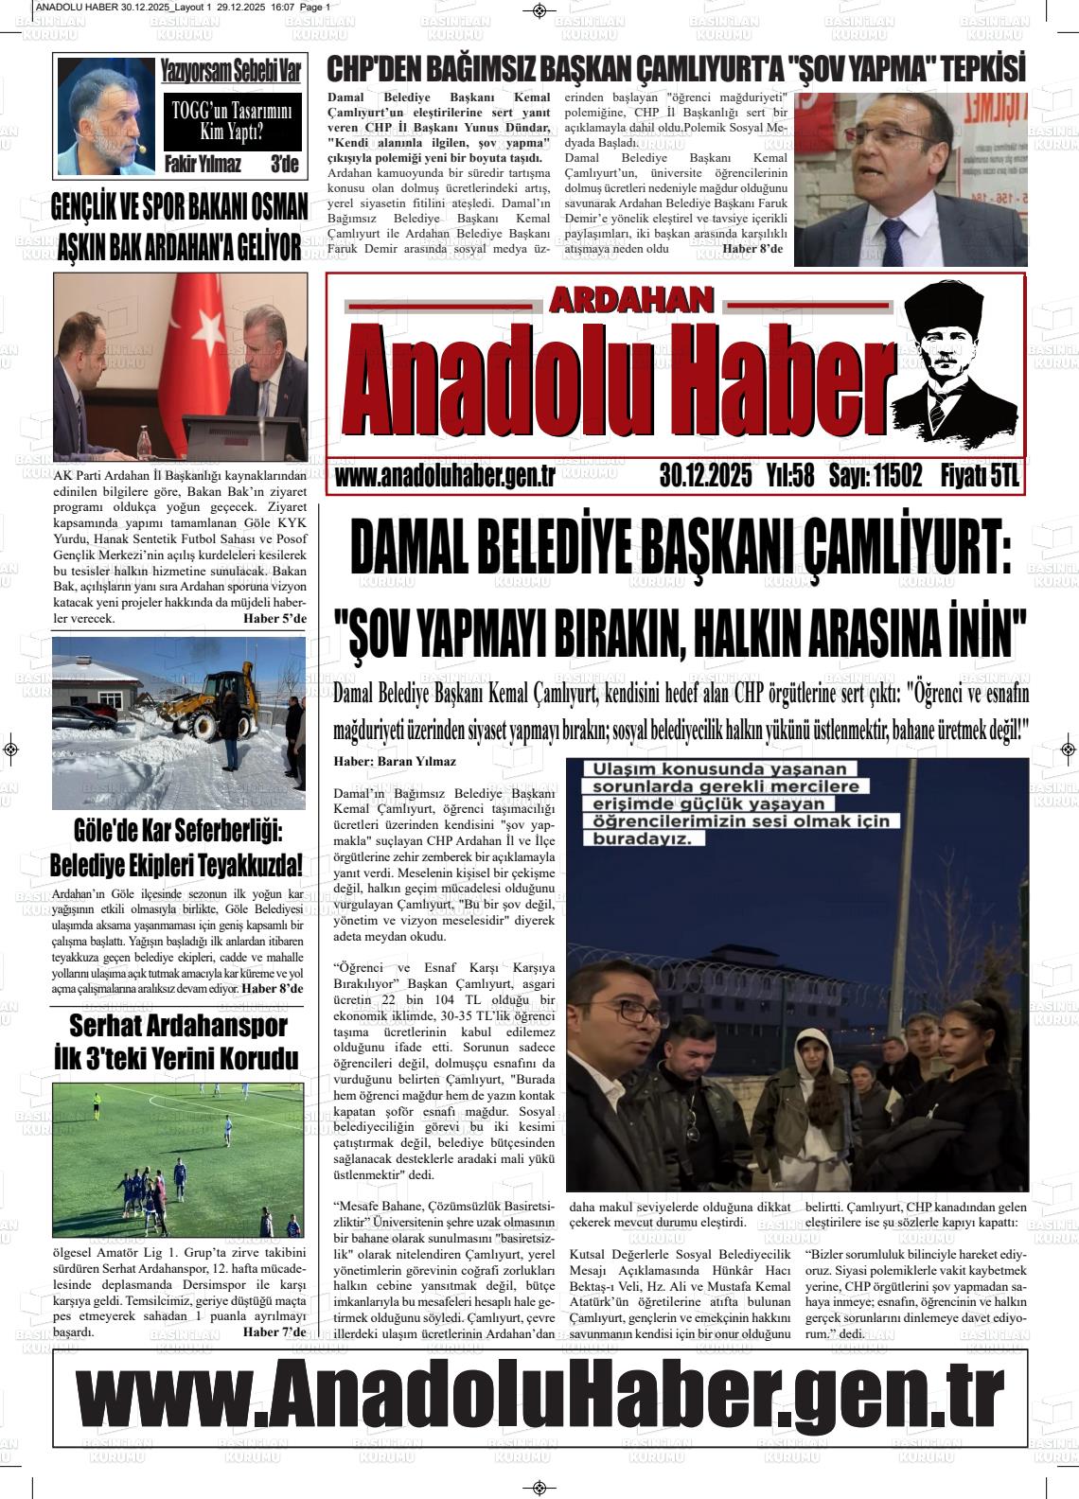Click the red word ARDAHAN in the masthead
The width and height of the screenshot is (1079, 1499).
[x=630, y=301]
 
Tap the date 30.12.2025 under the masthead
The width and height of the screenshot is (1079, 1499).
[x=705, y=477]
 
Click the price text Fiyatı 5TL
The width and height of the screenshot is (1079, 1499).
[x=980, y=477]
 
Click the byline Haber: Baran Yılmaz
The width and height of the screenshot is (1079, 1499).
[x=395, y=762]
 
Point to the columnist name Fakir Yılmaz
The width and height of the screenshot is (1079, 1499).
[x=203, y=165]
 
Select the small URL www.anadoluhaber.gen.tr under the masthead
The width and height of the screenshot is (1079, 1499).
[x=444, y=477]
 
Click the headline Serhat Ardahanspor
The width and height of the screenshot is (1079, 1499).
[x=178, y=1027]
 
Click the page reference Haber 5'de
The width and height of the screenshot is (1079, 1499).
[x=274, y=619]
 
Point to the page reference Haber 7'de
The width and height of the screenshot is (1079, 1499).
[x=274, y=1332]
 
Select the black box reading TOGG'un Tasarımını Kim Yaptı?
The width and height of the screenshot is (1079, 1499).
[x=232, y=122]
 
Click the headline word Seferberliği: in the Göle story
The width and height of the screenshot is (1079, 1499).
[x=228, y=832]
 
